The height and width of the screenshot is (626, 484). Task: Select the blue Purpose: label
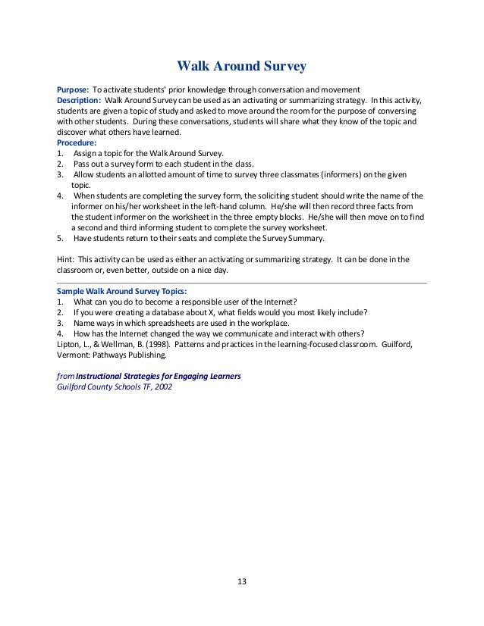(74, 89)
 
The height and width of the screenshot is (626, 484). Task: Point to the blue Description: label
(80, 100)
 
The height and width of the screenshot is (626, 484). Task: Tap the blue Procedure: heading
(77, 142)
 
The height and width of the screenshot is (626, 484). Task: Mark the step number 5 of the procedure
(59, 238)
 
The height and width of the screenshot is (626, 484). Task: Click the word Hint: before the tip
(67, 259)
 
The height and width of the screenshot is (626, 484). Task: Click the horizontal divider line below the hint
(242, 283)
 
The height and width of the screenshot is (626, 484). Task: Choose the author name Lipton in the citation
(71, 344)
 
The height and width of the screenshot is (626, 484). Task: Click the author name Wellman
(114, 344)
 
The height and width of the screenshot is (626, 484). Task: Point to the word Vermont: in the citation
(75, 354)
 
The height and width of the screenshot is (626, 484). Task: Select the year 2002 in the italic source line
(162, 387)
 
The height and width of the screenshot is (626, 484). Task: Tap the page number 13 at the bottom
(242, 582)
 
